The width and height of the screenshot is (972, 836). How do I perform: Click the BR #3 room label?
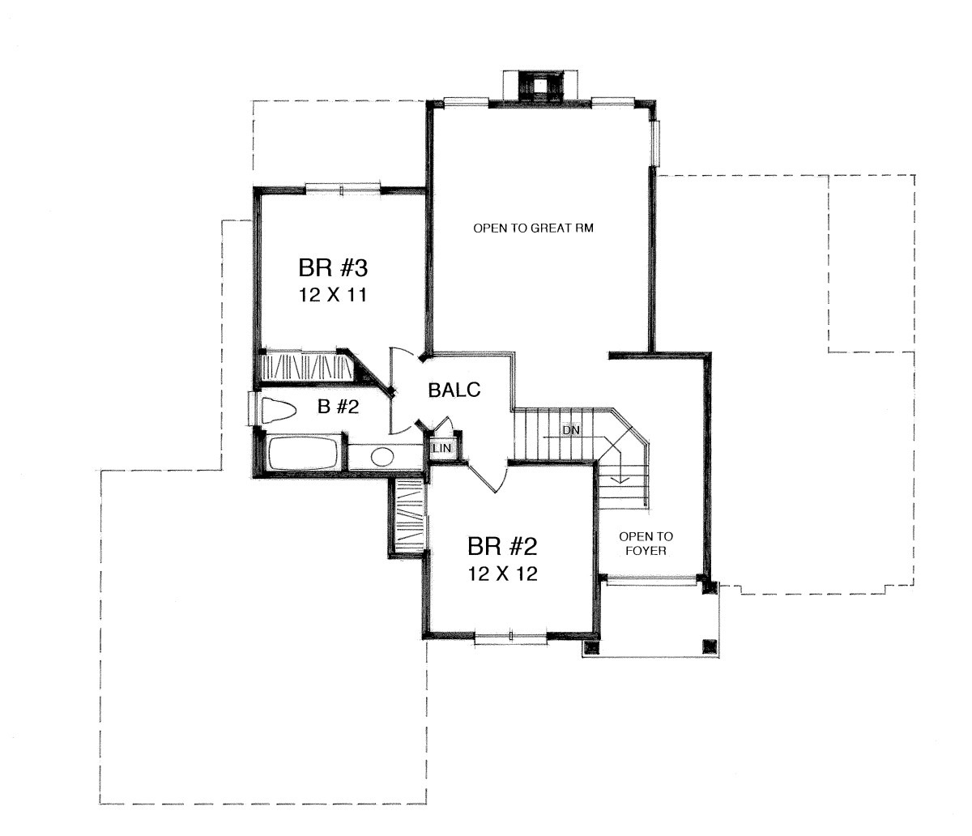(x=333, y=268)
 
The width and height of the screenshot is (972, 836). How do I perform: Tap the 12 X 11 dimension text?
(x=333, y=296)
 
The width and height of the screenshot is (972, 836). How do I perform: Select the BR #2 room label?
(x=502, y=546)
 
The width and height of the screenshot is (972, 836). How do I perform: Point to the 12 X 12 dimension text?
(x=503, y=574)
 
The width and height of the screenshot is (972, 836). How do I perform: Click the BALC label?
(x=454, y=390)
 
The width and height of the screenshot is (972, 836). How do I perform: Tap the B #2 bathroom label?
(x=338, y=406)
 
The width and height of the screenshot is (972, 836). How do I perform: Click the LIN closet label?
(x=442, y=448)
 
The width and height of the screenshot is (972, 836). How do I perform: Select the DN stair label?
(x=571, y=430)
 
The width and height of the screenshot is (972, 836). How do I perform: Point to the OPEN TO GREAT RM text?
(x=533, y=228)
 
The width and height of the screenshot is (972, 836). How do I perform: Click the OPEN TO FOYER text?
(x=646, y=544)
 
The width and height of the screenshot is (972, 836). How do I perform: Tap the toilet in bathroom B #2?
(x=279, y=411)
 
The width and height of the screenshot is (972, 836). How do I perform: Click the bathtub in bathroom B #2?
(x=303, y=452)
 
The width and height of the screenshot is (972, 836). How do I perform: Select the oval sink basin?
(x=382, y=457)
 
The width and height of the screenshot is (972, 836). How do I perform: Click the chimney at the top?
(x=540, y=86)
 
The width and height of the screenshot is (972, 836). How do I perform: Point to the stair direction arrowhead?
(x=620, y=479)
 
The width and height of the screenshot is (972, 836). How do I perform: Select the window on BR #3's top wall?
(x=343, y=189)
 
